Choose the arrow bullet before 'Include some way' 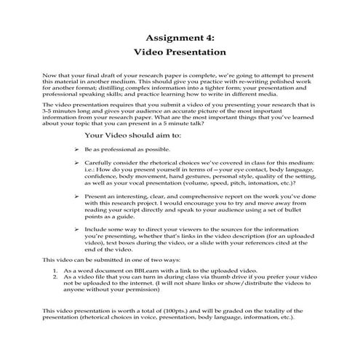click(x=76, y=227)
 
